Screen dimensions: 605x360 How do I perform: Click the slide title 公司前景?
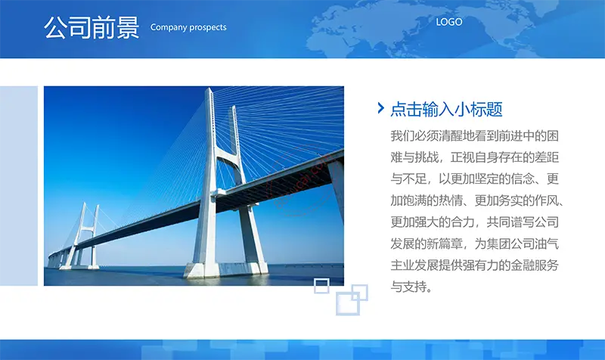coord(92,27)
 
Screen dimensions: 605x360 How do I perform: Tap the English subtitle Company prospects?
coord(188,27)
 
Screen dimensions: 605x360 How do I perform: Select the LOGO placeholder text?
coord(449,22)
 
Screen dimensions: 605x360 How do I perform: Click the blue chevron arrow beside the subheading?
coord(381,108)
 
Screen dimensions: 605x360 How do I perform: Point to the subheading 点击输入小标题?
coord(446,109)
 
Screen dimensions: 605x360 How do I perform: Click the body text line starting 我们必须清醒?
coord(475,136)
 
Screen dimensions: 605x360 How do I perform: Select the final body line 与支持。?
coord(411,287)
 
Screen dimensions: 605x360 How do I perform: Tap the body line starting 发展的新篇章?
coord(475,244)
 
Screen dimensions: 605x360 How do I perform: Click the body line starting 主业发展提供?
coord(475,265)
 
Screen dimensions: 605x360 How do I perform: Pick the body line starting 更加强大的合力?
coord(475,222)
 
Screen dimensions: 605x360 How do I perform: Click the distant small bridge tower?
coord(82,236)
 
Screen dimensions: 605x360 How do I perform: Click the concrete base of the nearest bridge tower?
coord(225,269)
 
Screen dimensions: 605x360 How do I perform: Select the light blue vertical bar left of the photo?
coord(19,186)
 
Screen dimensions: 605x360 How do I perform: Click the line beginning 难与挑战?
coord(475,157)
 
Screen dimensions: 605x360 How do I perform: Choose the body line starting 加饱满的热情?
coord(477,200)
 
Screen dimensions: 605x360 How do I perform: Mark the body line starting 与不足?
coord(475,178)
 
